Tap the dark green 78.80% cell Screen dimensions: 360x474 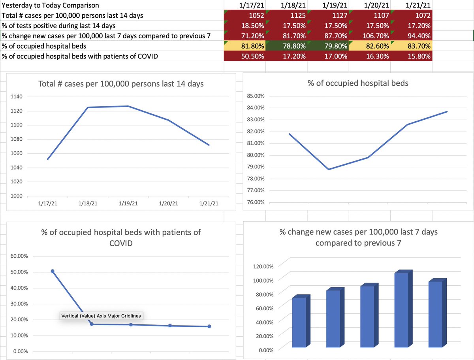click(286, 46)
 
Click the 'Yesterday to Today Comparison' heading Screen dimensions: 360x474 click(51, 6)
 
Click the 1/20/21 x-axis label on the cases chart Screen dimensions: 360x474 click(168, 204)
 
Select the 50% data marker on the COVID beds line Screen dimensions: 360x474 click(53, 271)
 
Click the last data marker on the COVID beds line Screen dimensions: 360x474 click(209, 326)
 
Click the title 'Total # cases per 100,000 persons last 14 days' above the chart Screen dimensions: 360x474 click(121, 84)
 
